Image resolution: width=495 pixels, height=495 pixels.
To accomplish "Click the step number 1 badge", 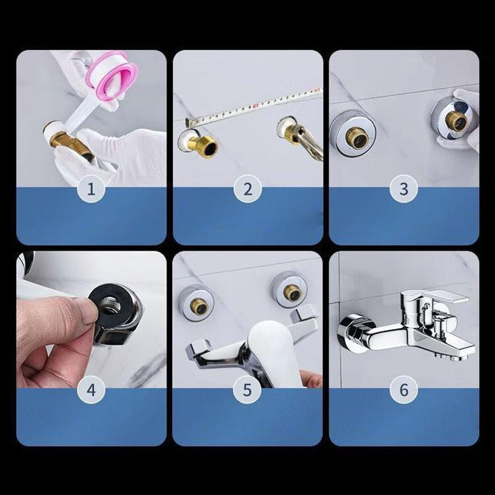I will point(92,189).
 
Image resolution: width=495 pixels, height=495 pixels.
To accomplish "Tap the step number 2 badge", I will point(247,189).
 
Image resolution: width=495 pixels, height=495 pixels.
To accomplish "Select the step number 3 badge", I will point(404,189).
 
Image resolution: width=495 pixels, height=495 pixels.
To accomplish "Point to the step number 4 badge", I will point(92,390).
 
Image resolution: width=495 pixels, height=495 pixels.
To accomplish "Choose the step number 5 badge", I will point(247,390).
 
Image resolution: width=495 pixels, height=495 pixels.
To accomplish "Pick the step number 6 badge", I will point(404,390).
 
